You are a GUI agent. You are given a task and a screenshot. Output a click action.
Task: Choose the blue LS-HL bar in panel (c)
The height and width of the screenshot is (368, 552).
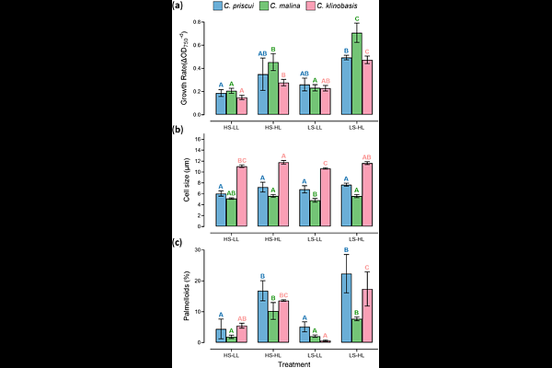tap(346, 308)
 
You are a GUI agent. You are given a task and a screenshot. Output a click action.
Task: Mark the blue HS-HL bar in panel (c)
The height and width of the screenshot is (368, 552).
tap(262, 316)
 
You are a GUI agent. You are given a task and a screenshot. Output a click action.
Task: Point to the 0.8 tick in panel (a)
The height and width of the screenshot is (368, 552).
tap(200, 21)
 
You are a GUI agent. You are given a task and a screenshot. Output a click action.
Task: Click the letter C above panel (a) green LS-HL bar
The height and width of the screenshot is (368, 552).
tap(356, 18)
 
